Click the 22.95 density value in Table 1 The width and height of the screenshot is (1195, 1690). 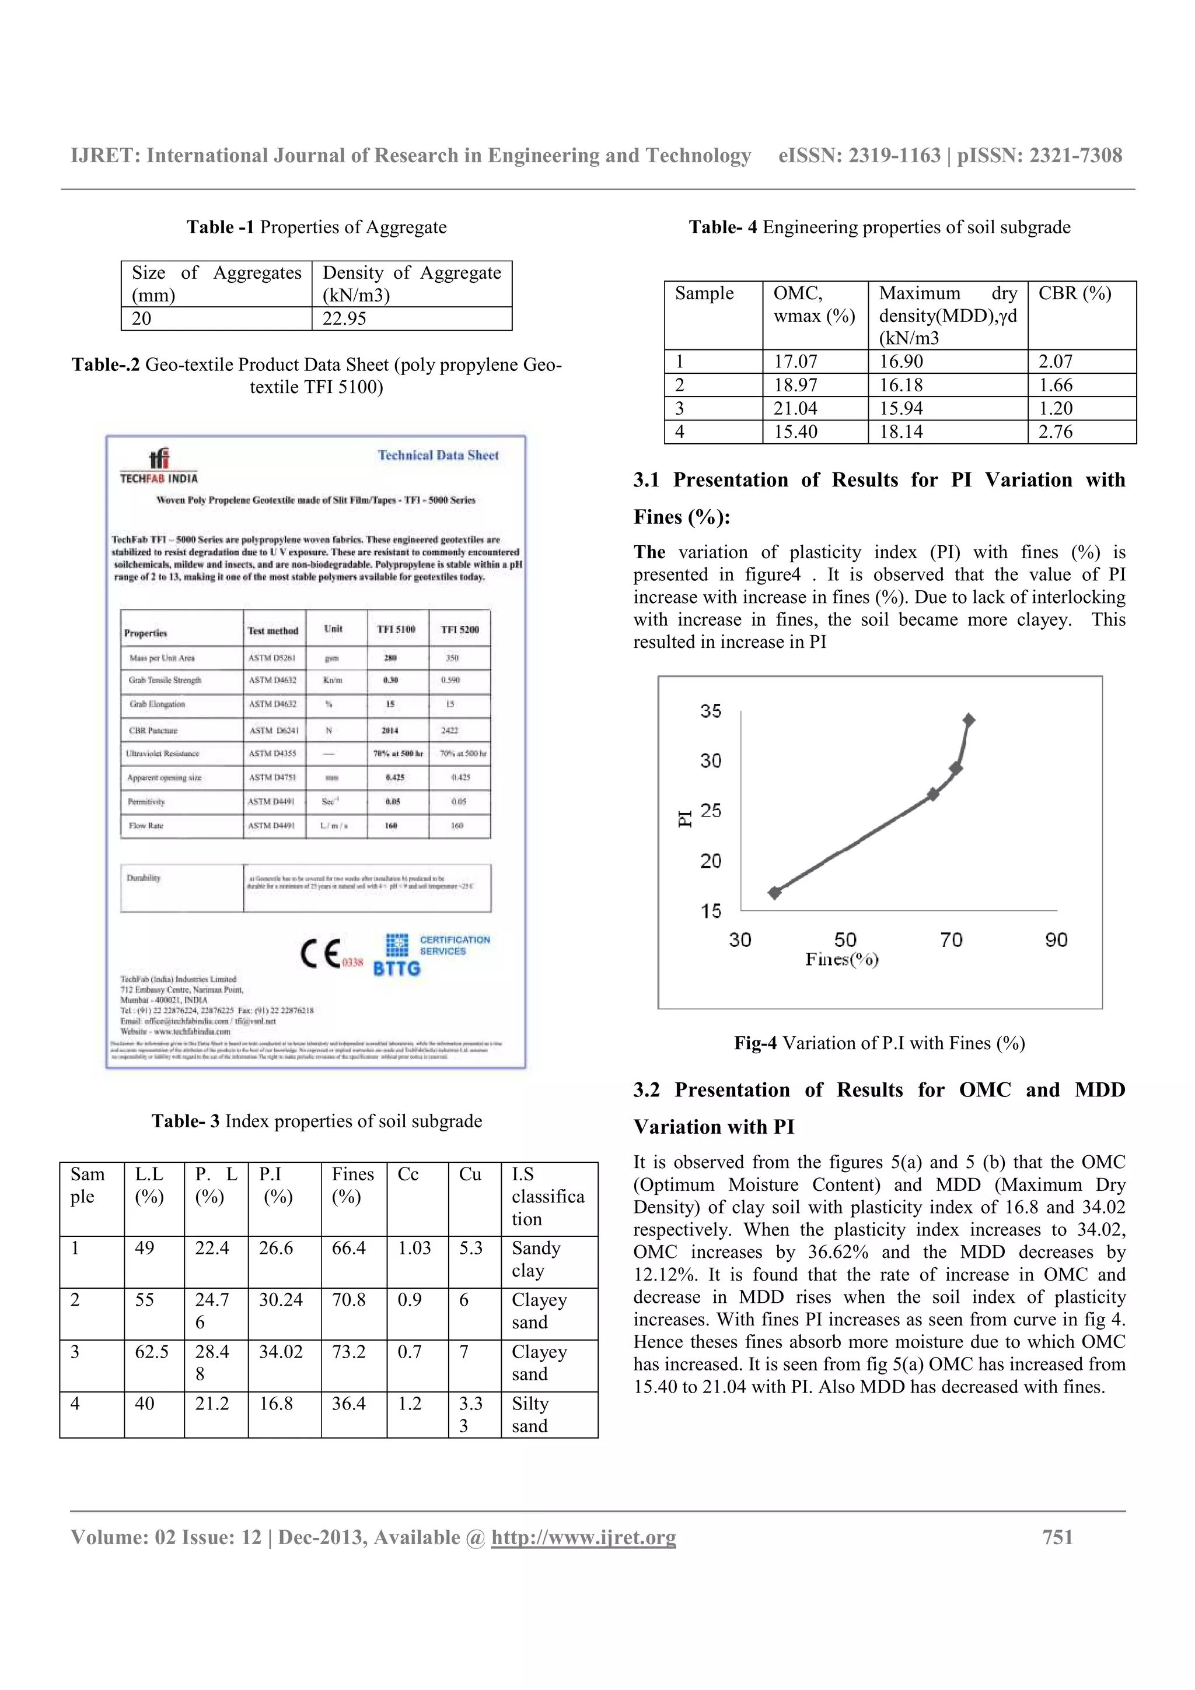[344, 319]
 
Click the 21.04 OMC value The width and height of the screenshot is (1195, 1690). [795, 409]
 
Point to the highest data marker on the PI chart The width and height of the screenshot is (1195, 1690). [969, 720]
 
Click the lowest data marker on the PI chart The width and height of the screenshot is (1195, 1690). [774, 892]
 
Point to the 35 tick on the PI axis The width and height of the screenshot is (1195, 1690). [711, 711]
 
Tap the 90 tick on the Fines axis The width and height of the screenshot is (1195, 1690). [1056, 940]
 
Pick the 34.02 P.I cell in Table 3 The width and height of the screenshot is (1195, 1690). [281, 1351]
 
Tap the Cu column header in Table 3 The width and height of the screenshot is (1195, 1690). [470, 1174]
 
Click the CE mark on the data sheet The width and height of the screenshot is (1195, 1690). [321, 953]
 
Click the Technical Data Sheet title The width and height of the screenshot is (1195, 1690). [438, 455]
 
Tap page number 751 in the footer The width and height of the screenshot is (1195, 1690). [1057, 1538]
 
